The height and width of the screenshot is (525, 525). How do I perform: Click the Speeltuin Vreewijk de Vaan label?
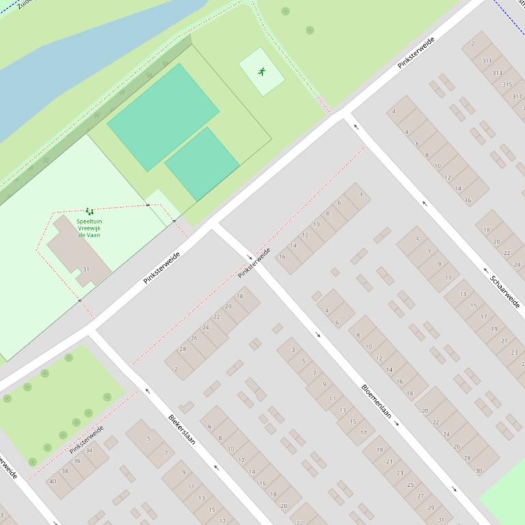[89, 228]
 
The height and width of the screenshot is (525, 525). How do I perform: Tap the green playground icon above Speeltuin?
[89, 212]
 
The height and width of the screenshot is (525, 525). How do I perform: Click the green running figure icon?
[261, 71]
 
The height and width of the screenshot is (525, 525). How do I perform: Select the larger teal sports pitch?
[163, 117]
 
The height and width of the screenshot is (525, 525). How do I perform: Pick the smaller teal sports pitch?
[202, 164]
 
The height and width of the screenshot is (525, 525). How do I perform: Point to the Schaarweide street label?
[505, 291]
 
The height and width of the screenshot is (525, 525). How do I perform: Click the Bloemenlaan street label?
[375, 401]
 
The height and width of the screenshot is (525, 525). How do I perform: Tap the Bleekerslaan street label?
[182, 430]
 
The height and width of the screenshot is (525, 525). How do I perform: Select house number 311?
[487, 61]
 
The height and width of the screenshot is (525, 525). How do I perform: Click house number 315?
[507, 85]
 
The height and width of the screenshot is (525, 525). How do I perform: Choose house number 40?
[53, 481]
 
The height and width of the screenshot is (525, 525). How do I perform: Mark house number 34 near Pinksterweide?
[88, 450]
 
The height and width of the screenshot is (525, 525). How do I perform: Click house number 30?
[478, 471]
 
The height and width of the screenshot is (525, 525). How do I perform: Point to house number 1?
[361, 194]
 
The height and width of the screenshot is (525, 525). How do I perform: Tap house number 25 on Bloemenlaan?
[410, 484]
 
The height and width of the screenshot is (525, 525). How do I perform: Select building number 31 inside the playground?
[86, 269]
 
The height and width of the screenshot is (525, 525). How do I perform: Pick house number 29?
[430, 507]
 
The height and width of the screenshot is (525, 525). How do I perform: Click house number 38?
[65, 471]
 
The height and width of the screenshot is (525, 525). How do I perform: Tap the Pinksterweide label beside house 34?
[86, 439]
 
